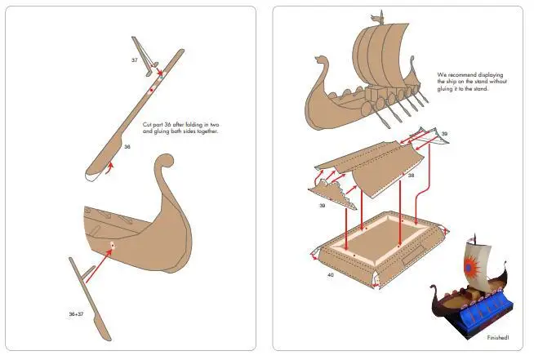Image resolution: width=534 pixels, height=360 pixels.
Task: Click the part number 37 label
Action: (135, 60)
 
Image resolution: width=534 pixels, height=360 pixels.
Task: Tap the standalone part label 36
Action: (127, 147)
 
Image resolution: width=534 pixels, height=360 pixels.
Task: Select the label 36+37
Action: (76, 314)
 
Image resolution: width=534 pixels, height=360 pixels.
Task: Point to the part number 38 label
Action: (411, 176)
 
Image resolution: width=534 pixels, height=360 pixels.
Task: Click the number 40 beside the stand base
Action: (331, 274)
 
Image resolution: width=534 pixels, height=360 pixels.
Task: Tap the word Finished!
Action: (498, 338)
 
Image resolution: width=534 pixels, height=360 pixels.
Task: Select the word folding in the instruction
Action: (194, 125)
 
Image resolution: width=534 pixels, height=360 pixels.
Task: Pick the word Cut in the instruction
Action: (147, 125)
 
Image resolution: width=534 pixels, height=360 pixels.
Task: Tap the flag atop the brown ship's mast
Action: (377, 17)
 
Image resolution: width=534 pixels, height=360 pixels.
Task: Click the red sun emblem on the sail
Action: (471, 268)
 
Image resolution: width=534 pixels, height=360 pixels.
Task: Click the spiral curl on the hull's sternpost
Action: (164, 162)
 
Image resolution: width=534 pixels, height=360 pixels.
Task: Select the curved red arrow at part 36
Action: (109, 169)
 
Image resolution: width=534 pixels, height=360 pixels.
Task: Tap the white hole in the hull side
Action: (113, 245)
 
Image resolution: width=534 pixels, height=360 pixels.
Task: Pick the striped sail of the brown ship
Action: (380, 56)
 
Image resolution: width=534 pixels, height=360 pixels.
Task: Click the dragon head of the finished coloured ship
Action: (434, 289)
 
